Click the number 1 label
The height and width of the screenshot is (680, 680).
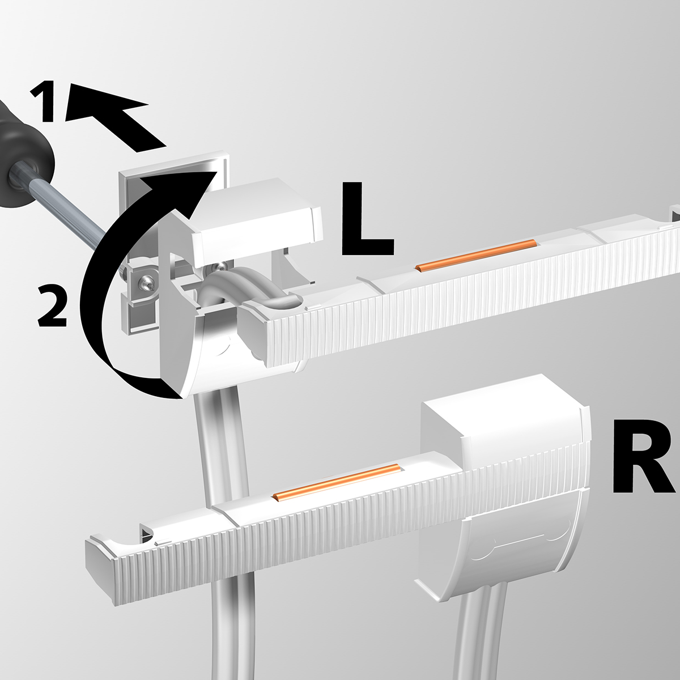pos(44,101)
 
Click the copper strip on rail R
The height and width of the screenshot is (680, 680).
pos(337,481)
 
